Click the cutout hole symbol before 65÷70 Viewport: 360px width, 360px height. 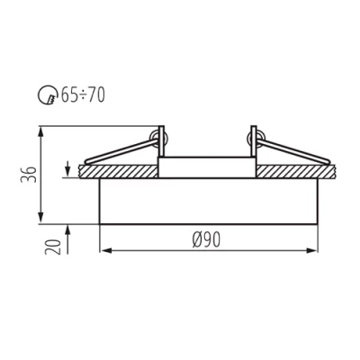point(50,94)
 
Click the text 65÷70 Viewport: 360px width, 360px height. point(83,94)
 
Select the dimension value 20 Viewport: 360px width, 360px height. point(53,246)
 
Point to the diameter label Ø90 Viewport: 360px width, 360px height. point(207,238)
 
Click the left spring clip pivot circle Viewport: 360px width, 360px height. point(163,137)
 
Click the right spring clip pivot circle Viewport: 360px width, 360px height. point(251,137)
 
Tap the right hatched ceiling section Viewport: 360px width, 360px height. point(297,170)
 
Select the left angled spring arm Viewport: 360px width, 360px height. point(126,150)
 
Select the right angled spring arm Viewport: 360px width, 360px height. point(288,150)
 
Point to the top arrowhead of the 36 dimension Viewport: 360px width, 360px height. point(40,130)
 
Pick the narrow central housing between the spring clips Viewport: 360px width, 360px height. point(207,167)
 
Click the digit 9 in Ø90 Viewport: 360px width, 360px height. point(208,238)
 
